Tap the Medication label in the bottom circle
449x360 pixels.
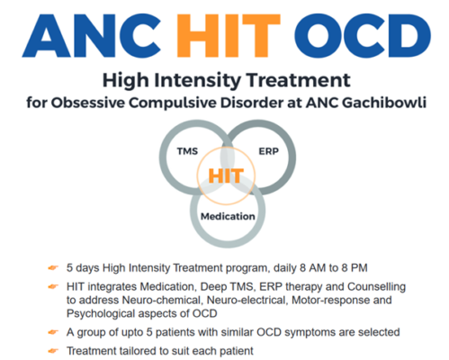[227, 216]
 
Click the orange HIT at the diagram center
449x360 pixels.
[226, 175]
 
